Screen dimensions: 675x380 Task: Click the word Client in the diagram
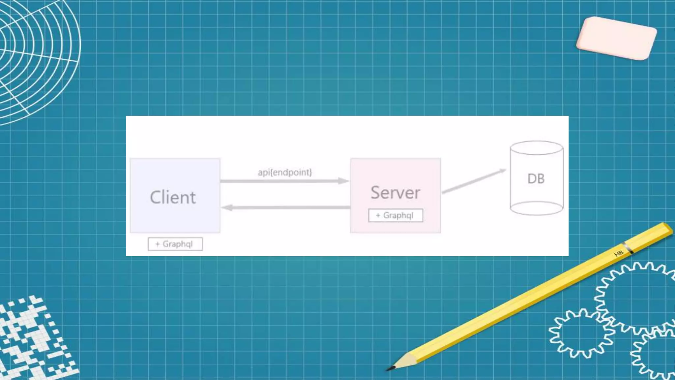point(173,197)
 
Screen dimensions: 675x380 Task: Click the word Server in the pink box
point(396,193)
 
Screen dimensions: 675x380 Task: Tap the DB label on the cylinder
point(536,179)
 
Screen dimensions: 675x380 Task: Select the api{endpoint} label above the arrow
point(285,172)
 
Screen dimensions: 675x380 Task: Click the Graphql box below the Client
point(175,244)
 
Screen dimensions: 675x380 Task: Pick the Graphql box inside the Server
point(396,215)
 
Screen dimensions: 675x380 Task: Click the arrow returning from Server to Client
point(287,207)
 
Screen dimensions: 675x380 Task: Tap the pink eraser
point(616,38)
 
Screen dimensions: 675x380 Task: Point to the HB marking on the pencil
point(619,253)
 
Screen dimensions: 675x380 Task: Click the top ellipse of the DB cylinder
point(536,148)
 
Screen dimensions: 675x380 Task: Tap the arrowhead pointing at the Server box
point(344,181)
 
